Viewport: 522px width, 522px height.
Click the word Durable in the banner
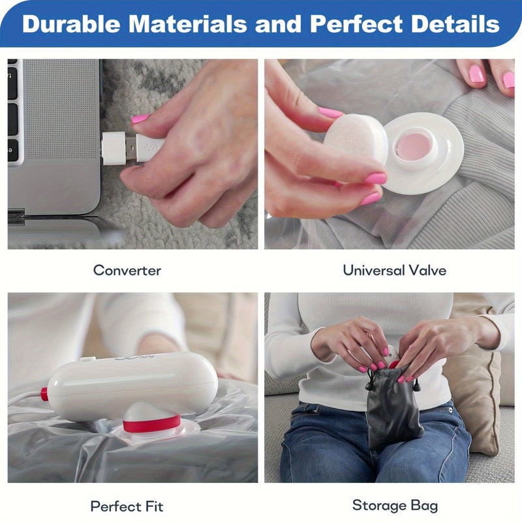point(71,24)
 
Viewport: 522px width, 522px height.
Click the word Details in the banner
point(455,24)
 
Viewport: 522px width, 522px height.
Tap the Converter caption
point(127,270)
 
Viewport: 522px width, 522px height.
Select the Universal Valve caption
point(395,270)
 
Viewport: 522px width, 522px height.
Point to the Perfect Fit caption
point(127,506)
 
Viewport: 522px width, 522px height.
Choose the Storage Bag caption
point(395,506)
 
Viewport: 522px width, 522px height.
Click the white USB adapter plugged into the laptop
point(114,148)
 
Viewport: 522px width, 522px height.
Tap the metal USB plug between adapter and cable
point(131,148)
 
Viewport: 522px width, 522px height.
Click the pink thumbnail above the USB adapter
point(140,119)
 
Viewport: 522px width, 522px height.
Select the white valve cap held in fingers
point(356,140)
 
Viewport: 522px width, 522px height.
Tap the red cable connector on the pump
point(44,394)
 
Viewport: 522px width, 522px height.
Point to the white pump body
point(132,386)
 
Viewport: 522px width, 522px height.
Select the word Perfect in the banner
point(356,24)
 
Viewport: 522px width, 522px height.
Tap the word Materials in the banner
point(188,24)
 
